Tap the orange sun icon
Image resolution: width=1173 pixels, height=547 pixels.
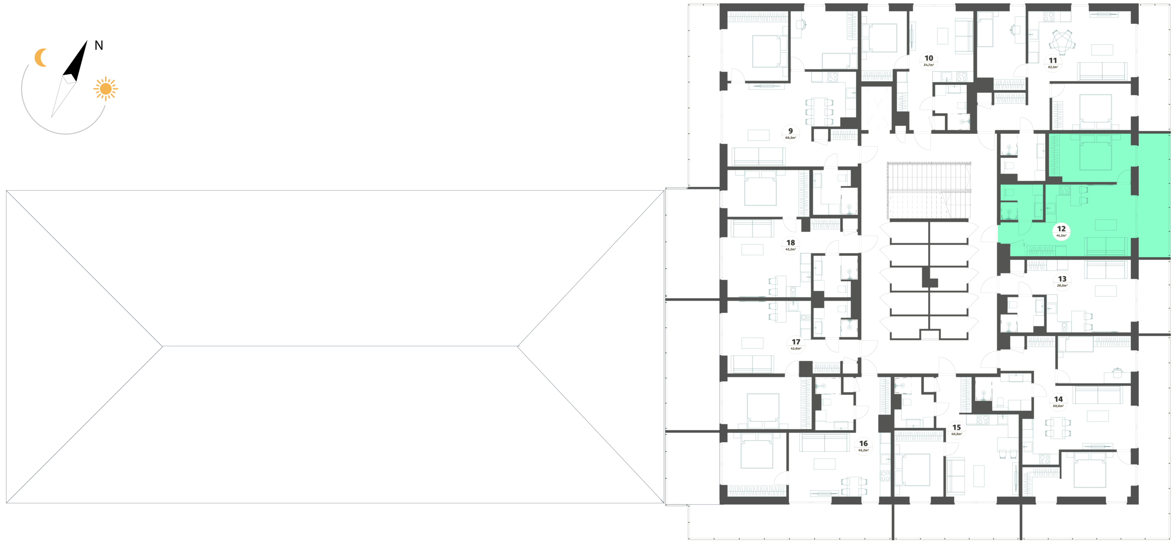(x=106, y=88)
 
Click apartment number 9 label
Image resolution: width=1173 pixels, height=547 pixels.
(x=790, y=134)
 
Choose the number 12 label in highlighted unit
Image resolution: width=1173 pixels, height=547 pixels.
(x=1061, y=232)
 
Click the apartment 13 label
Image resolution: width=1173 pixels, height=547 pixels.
(x=1062, y=281)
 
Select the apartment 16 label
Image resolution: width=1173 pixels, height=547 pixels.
(x=863, y=446)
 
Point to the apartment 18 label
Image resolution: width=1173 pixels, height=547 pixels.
(x=790, y=246)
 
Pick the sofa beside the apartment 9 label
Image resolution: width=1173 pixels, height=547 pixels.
(x=759, y=156)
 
